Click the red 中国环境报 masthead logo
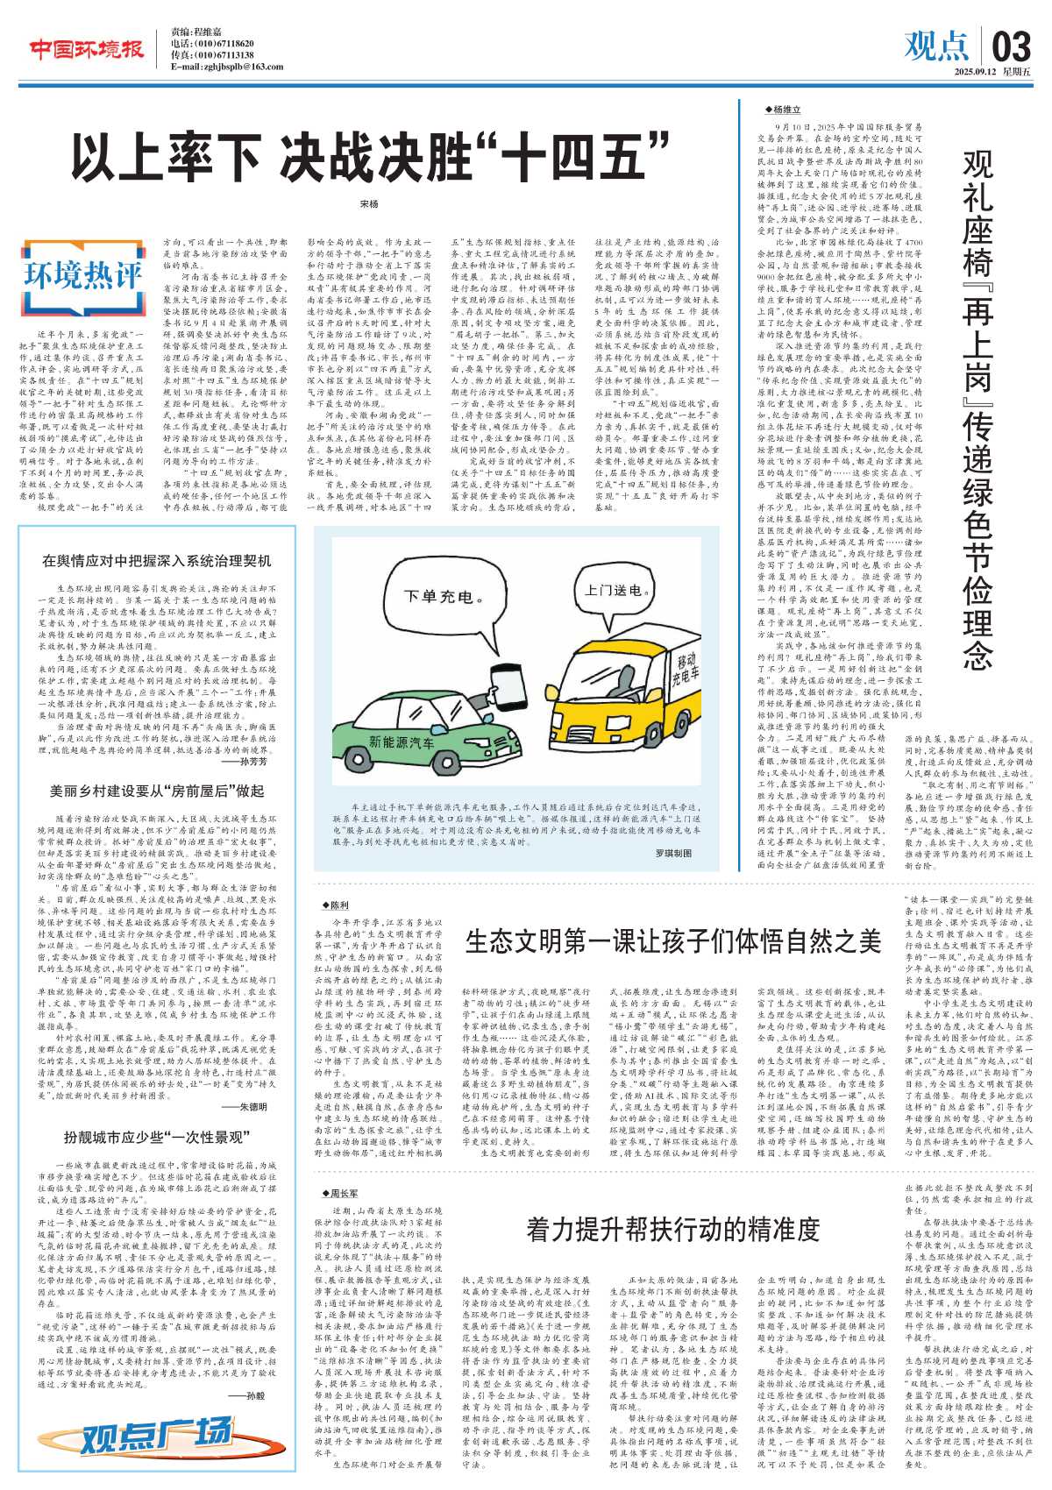coord(87,50)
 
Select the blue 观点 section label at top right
coord(935,46)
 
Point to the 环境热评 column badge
coord(82,274)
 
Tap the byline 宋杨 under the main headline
coord(369,204)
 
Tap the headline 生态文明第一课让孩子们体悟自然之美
coord(672,941)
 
